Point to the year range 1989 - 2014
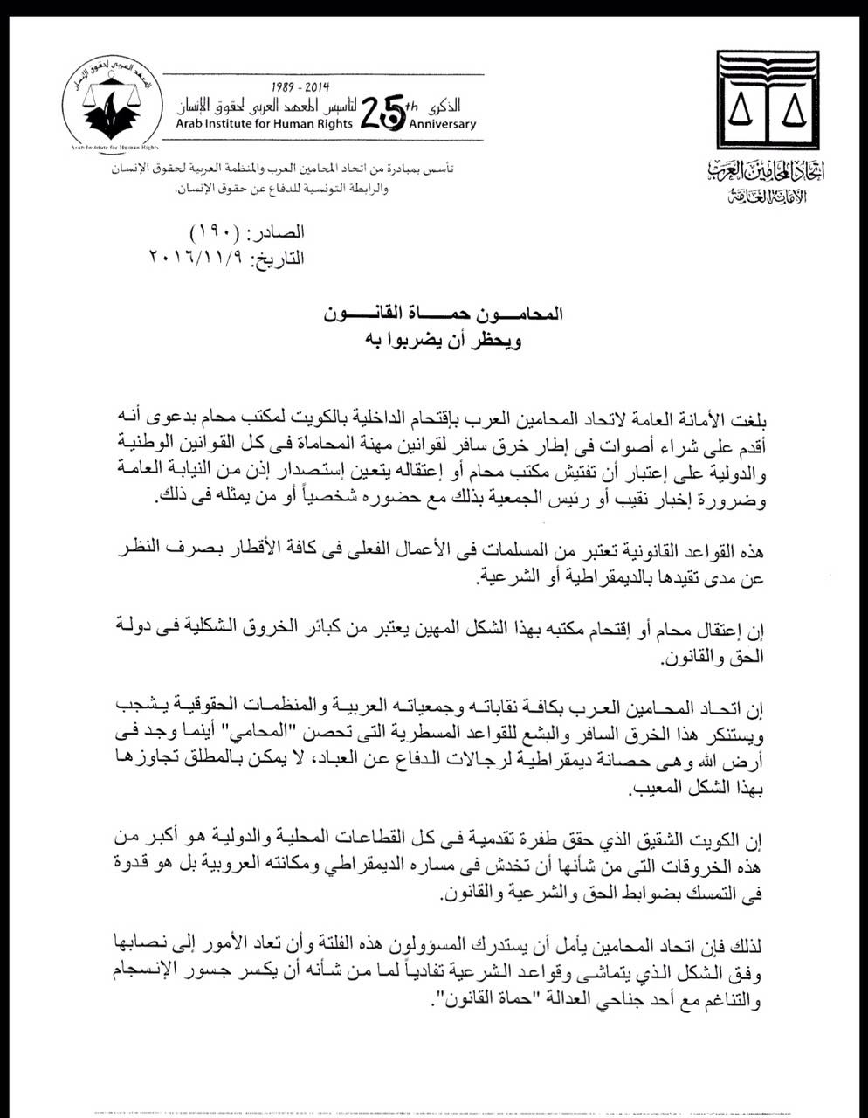coord(297,89)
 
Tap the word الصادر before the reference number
coord(277,234)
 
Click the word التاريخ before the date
coord(277,259)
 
